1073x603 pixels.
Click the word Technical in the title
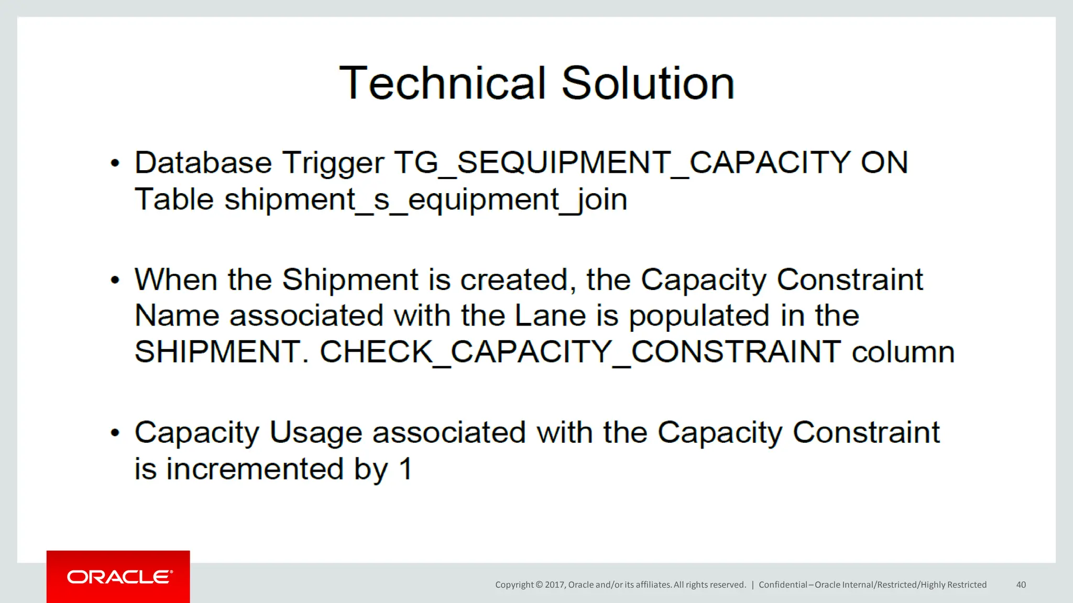[443, 84]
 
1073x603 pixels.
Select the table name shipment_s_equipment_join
[425, 200]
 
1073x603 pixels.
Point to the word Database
[203, 163]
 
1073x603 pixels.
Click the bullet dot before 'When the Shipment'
[115, 280]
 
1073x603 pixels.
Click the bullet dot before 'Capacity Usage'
[115, 433]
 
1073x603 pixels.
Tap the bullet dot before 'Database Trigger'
[115, 163]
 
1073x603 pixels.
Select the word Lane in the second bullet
[550, 316]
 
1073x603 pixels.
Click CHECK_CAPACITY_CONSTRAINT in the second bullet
[580, 352]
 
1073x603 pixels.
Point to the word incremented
[255, 468]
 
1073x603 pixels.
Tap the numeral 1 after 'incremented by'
[406, 468]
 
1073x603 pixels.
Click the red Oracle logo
[118, 577]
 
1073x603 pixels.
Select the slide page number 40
[1021, 585]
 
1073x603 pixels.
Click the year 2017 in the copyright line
[554, 585]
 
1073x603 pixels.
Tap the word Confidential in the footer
[783, 585]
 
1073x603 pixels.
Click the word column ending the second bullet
[903, 352]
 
